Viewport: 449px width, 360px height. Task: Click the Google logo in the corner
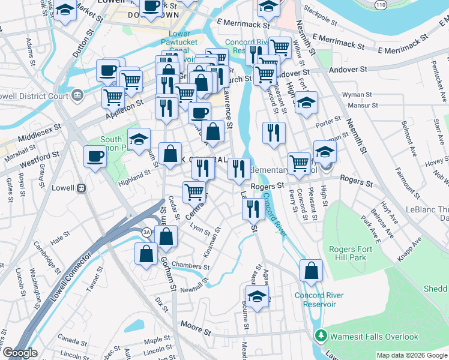click(x=19, y=353)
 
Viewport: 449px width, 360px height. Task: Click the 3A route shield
click(x=146, y=232)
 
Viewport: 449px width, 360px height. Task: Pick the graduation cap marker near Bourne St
click(x=258, y=296)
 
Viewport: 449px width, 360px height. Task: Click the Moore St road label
click(x=196, y=330)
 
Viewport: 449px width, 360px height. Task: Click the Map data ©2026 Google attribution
click(x=411, y=355)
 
